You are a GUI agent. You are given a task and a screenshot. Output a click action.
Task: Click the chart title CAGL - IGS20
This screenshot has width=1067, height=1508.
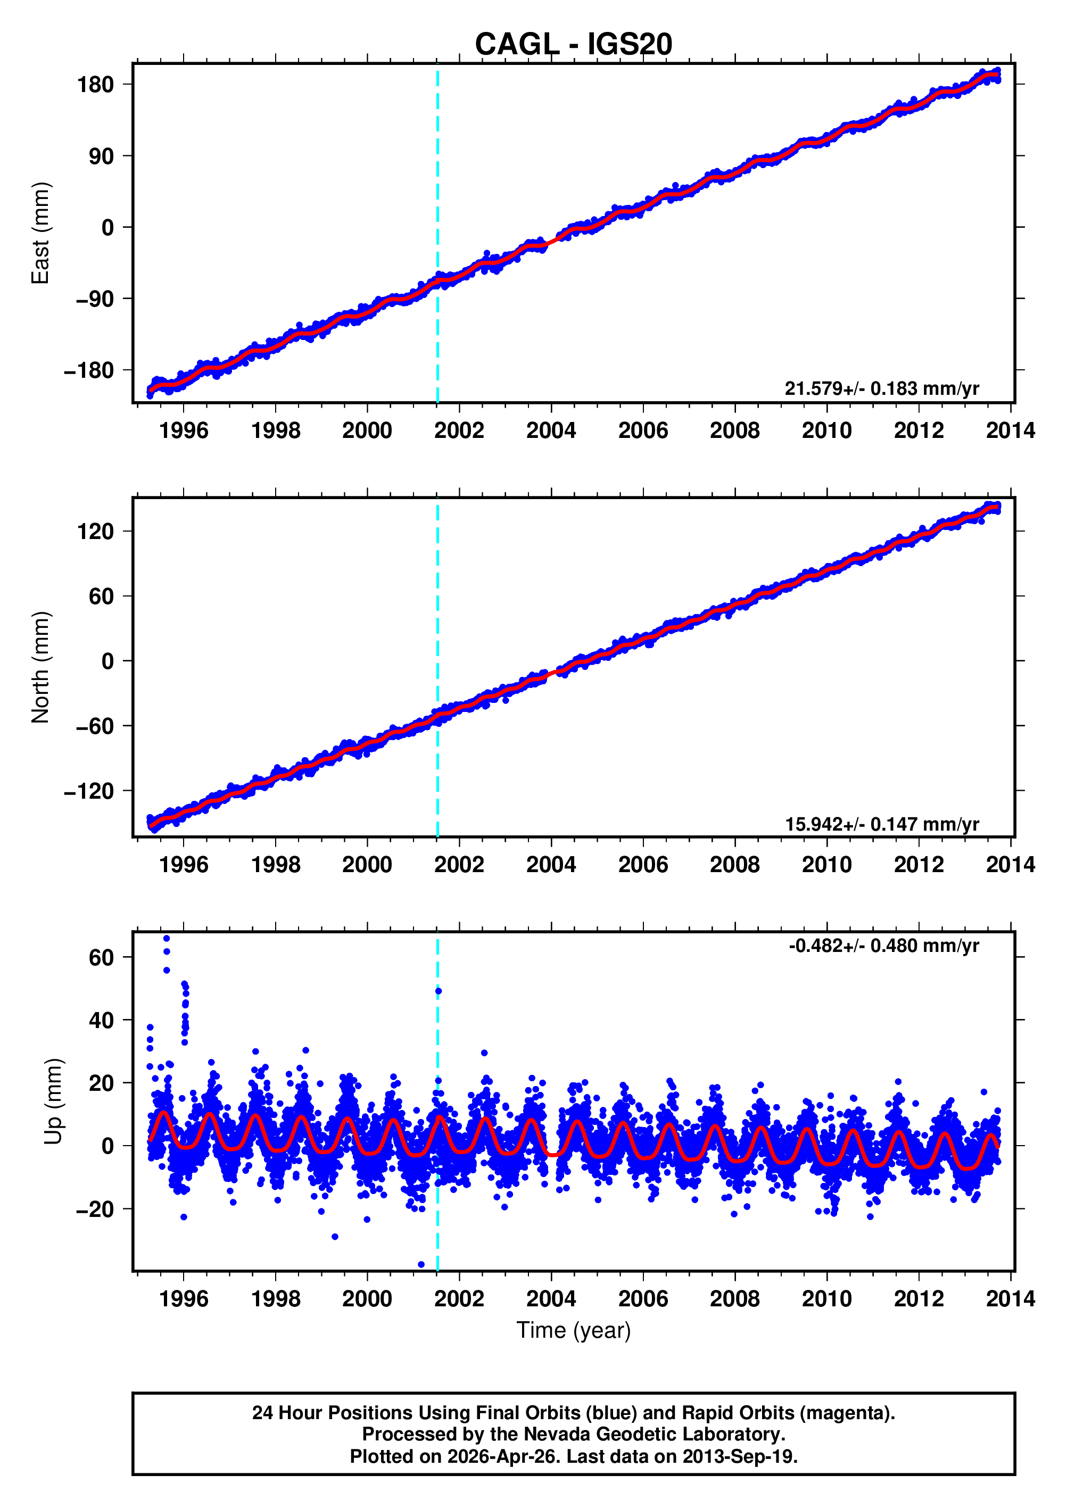tap(573, 44)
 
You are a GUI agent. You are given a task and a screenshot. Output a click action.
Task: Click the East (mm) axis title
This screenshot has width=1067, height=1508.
tap(41, 233)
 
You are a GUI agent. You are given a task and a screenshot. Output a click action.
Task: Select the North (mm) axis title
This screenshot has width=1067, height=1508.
tap(41, 667)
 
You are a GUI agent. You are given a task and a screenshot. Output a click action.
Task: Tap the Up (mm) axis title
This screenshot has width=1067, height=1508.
tap(54, 1101)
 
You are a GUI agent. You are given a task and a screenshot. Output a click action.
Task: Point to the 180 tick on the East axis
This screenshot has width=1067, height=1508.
tap(95, 85)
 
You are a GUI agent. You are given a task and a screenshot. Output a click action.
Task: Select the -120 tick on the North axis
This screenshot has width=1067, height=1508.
tap(89, 791)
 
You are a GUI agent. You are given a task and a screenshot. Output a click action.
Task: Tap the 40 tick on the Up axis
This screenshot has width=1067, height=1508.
tap(101, 1021)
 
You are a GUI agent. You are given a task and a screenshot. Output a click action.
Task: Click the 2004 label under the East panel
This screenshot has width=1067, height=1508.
tap(551, 431)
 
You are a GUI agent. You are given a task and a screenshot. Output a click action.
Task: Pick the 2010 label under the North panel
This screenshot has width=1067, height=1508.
tap(826, 865)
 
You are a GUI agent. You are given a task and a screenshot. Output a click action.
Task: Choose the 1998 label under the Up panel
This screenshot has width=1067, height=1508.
tap(275, 1298)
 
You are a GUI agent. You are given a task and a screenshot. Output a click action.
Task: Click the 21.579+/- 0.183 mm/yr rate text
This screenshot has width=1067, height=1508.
tap(881, 389)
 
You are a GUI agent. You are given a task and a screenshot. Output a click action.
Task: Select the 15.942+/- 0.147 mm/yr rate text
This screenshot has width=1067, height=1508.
tap(881, 824)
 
